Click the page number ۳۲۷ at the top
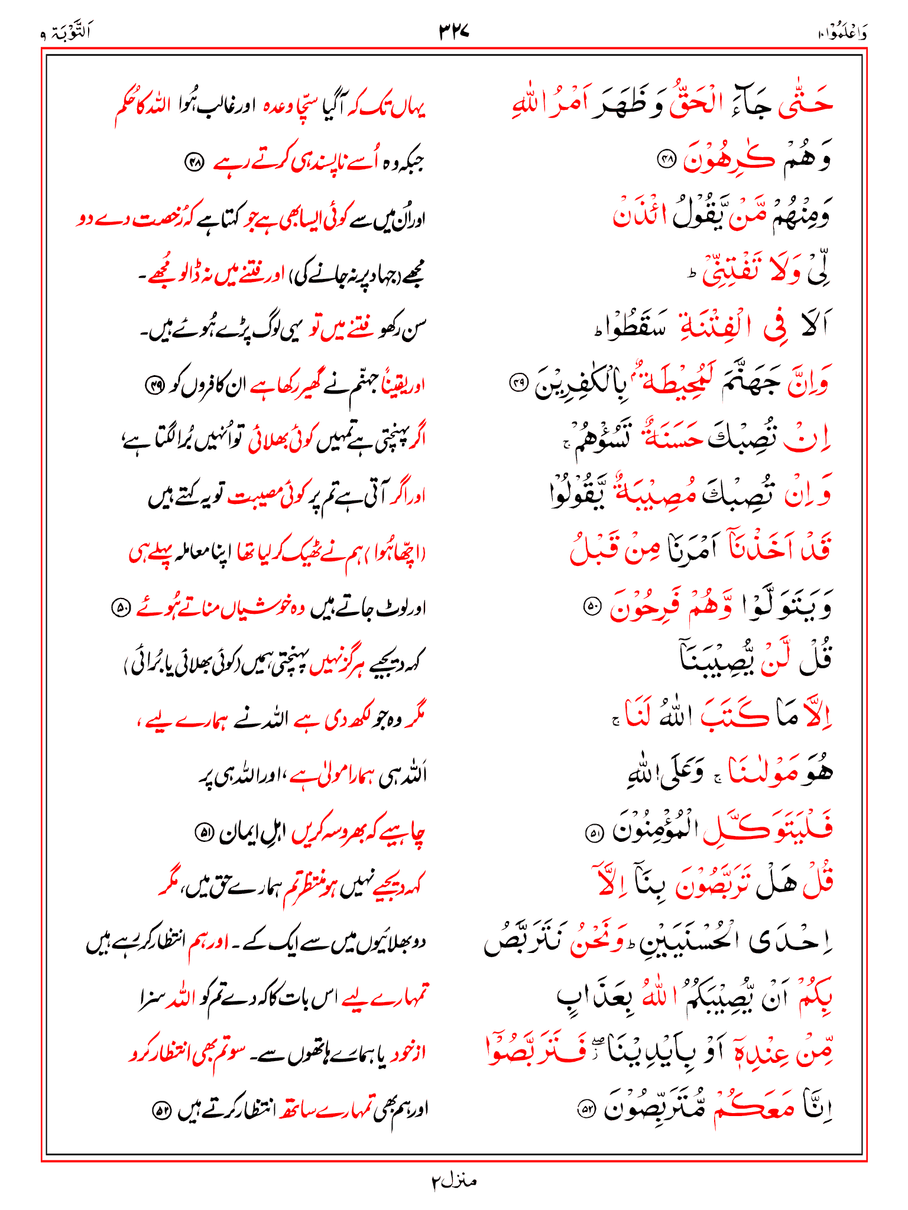click(x=453, y=31)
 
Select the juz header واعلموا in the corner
click(x=842, y=33)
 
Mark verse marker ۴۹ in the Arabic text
click(x=518, y=385)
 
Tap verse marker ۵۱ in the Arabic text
click(x=592, y=834)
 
